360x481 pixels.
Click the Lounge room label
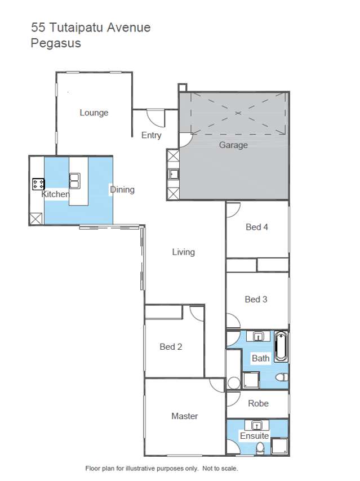point(94,113)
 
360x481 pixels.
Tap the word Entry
point(151,135)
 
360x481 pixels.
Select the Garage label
point(233,145)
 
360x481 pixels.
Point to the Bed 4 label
point(256,227)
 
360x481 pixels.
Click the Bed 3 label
point(256,299)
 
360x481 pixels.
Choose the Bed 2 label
point(171,346)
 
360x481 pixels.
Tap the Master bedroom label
point(185,416)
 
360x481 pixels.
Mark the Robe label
point(258,403)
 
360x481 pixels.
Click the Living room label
point(183,252)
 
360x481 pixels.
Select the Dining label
point(122,190)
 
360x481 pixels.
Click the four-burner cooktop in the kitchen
point(39,184)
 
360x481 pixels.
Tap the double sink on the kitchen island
point(74,180)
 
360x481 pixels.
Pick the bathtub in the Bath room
point(281,347)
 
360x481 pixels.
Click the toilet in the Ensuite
point(260,448)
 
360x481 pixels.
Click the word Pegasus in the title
point(56,43)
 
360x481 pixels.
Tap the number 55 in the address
point(38,27)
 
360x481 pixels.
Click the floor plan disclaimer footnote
point(161,468)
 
